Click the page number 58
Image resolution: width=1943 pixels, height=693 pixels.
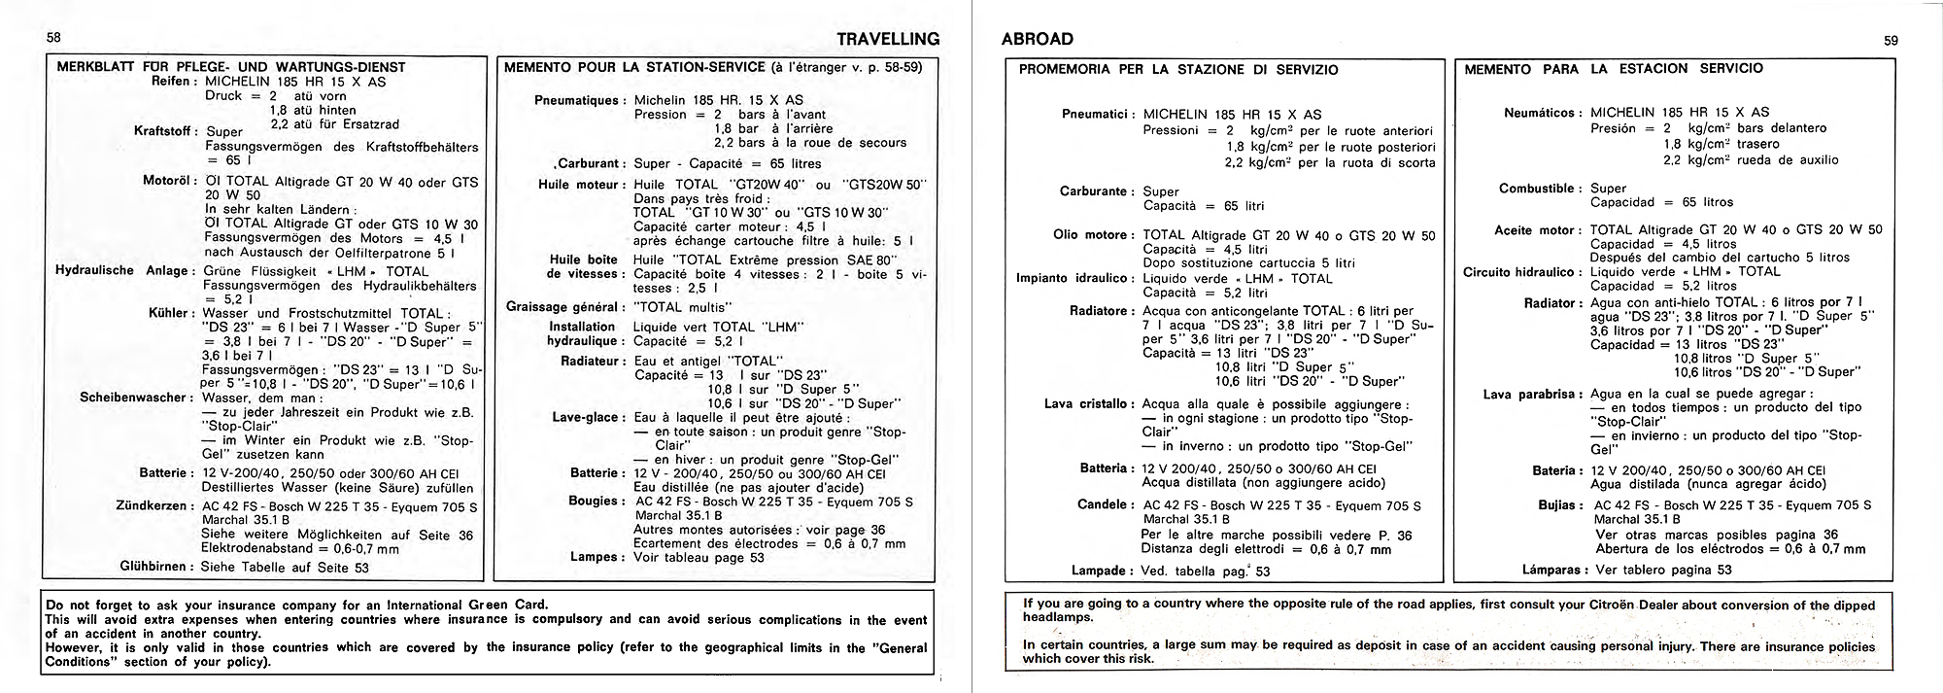[x=53, y=37]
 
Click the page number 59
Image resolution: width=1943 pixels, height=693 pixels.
[x=1891, y=40]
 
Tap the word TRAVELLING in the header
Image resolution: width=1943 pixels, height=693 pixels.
[x=888, y=39]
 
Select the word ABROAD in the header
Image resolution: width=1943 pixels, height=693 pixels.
[x=1037, y=39]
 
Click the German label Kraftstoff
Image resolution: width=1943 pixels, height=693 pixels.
[x=164, y=130]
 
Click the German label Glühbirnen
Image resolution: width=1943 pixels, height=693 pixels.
[x=156, y=567]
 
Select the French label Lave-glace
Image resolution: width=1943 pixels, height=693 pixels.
[x=588, y=417]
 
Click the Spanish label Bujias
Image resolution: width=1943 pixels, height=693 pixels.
[x=1555, y=504]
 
